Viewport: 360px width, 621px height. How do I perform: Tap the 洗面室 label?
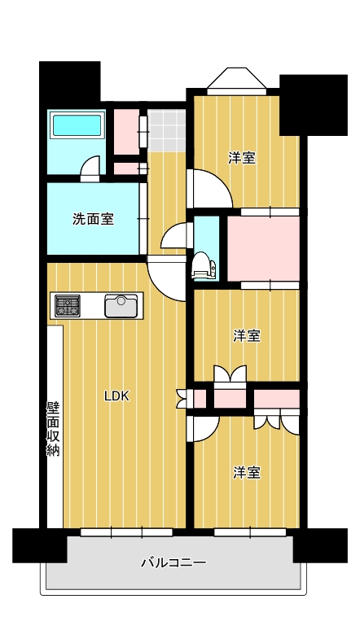(x=93, y=218)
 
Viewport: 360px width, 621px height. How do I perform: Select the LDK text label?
(x=116, y=396)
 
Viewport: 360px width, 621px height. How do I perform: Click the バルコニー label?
(x=173, y=562)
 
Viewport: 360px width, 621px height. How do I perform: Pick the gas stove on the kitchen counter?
(x=68, y=306)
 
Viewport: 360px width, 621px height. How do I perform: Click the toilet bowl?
(x=201, y=265)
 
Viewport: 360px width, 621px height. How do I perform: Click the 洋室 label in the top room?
(x=242, y=158)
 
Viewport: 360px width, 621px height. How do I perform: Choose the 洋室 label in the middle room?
(x=247, y=335)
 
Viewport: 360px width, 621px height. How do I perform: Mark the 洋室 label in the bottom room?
(x=247, y=472)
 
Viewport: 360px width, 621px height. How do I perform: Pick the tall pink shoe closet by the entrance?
(x=126, y=129)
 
